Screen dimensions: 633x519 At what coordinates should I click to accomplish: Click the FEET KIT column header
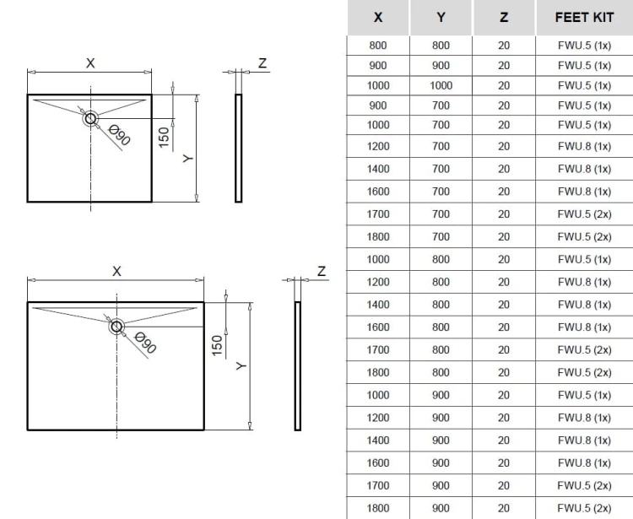point(584,18)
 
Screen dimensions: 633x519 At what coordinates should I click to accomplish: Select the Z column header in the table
point(503,18)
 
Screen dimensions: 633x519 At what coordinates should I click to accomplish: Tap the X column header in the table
point(378,18)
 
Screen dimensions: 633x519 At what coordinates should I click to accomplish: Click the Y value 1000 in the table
point(441,85)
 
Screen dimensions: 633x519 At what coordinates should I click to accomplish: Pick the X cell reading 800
point(378,46)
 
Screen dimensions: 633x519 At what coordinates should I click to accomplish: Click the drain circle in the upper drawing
point(90,119)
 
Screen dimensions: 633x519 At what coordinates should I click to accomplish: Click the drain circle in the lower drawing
point(116,326)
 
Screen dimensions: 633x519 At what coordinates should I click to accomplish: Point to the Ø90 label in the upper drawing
point(120,135)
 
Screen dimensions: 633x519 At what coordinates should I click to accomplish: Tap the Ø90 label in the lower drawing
point(145,343)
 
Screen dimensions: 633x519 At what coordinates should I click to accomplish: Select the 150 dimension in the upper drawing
point(164,138)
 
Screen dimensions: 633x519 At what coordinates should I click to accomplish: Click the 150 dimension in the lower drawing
point(217,345)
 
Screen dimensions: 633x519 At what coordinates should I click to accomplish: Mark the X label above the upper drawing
point(90,63)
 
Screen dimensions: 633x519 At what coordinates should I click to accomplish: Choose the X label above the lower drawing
point(116,271)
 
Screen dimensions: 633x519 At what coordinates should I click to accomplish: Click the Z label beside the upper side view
point(262,63)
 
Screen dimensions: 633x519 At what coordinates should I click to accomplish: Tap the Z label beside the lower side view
point(322,271)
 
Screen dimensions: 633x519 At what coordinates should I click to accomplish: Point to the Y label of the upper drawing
point(188,159)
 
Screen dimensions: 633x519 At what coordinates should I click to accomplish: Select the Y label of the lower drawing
point(241,365)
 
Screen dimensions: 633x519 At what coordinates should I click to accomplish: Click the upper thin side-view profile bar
point(239,149)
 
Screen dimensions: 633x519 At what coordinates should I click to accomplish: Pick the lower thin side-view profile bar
point(298,366)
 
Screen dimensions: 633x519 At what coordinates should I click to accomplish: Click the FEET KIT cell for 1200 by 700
point(584,146)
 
